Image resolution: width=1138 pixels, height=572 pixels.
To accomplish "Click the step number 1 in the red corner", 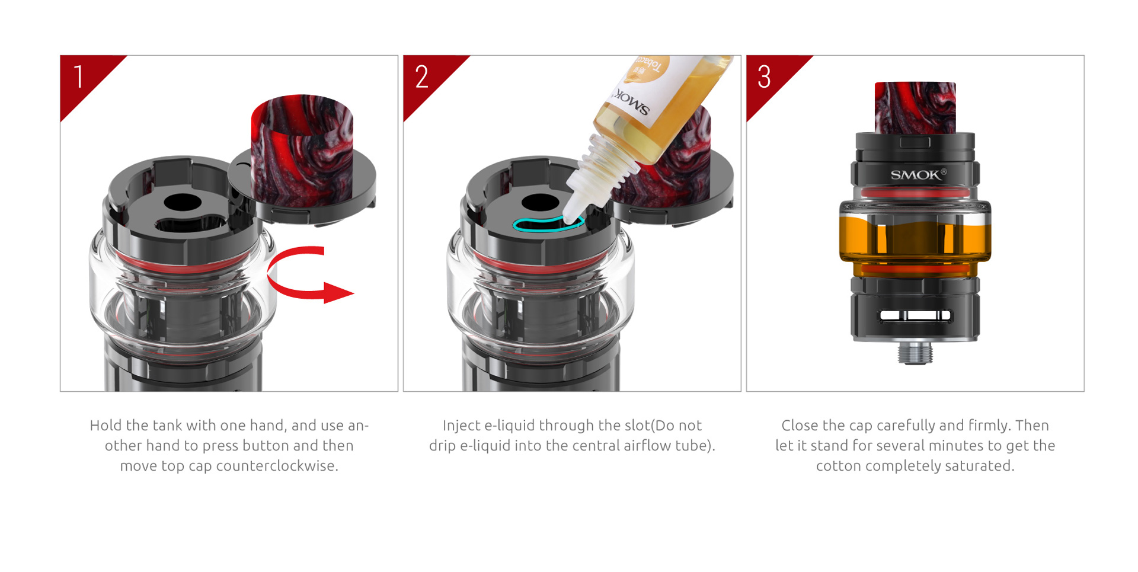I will (78, 77).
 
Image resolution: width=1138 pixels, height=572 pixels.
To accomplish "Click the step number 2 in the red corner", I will (421, 77).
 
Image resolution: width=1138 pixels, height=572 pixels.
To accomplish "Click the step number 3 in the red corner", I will (764, 77).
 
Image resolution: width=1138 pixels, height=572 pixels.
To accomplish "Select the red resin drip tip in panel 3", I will (915, 107).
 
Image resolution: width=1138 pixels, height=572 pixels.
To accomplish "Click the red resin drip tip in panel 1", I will (302, 148).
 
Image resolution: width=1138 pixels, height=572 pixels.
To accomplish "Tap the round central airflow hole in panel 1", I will (183, 203).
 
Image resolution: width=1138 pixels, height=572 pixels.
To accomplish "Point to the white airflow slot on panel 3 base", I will (915, 315).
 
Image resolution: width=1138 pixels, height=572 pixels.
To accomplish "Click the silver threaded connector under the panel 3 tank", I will (915, 352).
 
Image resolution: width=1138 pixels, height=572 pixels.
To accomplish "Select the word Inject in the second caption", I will (461, 426).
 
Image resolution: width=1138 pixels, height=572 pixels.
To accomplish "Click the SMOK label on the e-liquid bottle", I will (632, 103).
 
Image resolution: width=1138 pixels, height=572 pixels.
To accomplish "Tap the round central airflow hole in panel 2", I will (539, 203).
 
